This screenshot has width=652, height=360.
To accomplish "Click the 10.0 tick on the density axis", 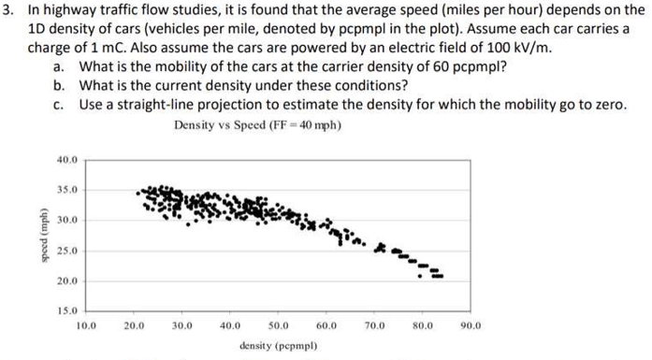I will tap(85, 326).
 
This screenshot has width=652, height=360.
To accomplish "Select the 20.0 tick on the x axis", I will tap(134, 326).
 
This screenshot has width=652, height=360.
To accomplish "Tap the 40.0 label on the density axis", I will tap(230, 326).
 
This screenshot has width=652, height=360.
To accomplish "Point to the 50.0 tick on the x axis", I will tap(279, 326).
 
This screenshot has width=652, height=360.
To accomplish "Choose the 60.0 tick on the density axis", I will tap(326, 326).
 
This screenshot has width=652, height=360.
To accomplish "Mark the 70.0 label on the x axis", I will tap(375, 326).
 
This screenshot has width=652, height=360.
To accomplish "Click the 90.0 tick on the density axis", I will tap(471, 326).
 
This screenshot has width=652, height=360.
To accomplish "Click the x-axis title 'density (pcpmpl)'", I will tap(278, 346).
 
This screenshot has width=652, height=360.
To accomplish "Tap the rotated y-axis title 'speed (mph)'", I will tap(37, 235).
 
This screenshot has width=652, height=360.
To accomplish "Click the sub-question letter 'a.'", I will tap(59, 66).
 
